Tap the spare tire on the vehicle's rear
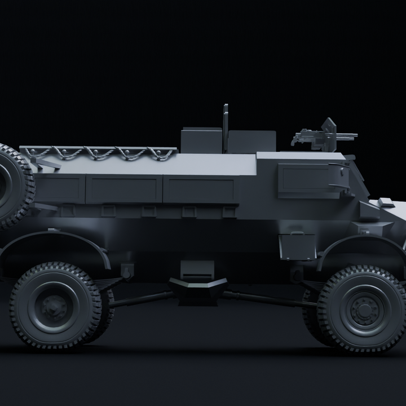coord(12,186)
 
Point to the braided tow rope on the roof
coord(99,153)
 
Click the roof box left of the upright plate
coord(201,140)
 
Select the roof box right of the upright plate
coord(251,141)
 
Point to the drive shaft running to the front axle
coord(265,298)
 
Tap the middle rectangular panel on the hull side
coord(124,189)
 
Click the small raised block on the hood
coord(386,202)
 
